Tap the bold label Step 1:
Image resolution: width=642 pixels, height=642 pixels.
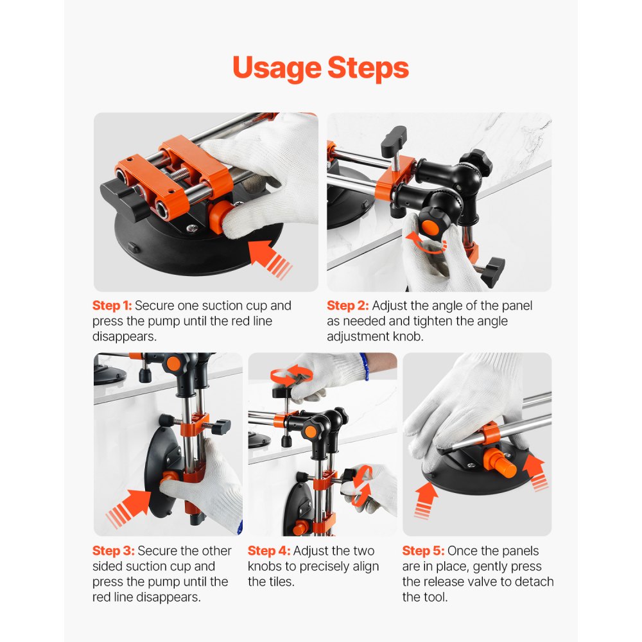coord(112,306)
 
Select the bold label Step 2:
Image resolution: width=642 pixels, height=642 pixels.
coord(347,306)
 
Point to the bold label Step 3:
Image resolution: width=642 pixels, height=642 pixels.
coord(113,551)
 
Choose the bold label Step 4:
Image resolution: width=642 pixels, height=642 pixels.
coord(269,551)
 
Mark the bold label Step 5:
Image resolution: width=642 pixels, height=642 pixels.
coord(423,551)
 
